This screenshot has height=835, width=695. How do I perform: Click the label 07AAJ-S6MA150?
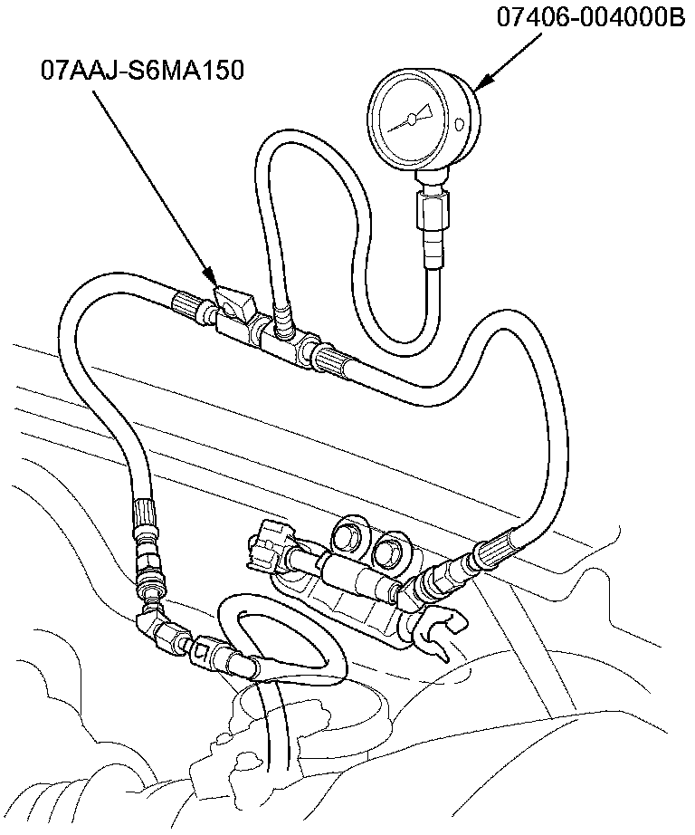[x=141, y=69]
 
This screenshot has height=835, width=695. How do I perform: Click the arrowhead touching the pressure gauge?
[x=480, y=83]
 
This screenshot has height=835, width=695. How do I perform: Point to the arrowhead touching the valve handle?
[x=210, y=275]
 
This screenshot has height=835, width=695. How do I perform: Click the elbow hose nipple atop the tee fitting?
[x=282, y=317]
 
